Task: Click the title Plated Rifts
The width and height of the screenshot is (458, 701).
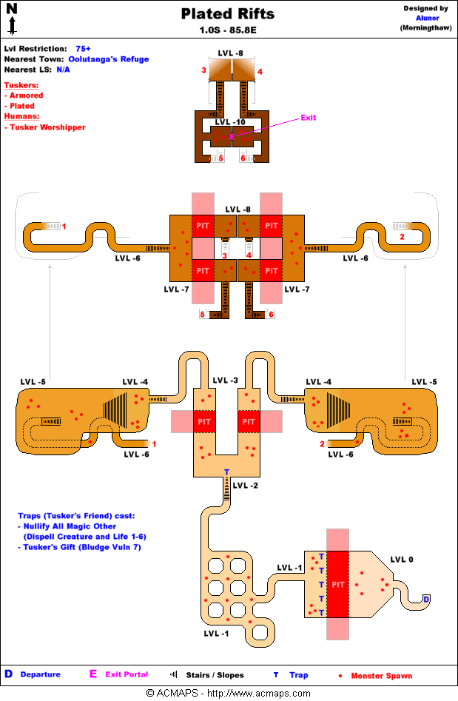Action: [228, 14]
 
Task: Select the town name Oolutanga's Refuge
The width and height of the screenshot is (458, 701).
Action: [109, 59]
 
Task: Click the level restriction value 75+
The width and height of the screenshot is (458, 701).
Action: [83, 48]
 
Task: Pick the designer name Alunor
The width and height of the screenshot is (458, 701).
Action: [425, 18]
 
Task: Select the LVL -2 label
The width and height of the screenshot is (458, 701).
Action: [245, 486]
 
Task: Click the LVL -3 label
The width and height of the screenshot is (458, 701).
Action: [225, 380]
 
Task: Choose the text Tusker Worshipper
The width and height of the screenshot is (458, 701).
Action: [47, 127]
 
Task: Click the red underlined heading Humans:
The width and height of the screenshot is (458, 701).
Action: [22, 116]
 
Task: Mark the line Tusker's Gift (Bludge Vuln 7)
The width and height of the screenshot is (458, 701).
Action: [81, 547]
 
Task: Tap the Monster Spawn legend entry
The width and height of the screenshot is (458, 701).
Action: [381, 675]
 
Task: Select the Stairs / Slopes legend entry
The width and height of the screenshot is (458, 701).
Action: [215, 675]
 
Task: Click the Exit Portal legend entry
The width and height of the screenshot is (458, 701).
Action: [127, 674]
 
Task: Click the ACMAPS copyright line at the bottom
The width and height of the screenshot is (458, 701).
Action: [229, 694]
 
